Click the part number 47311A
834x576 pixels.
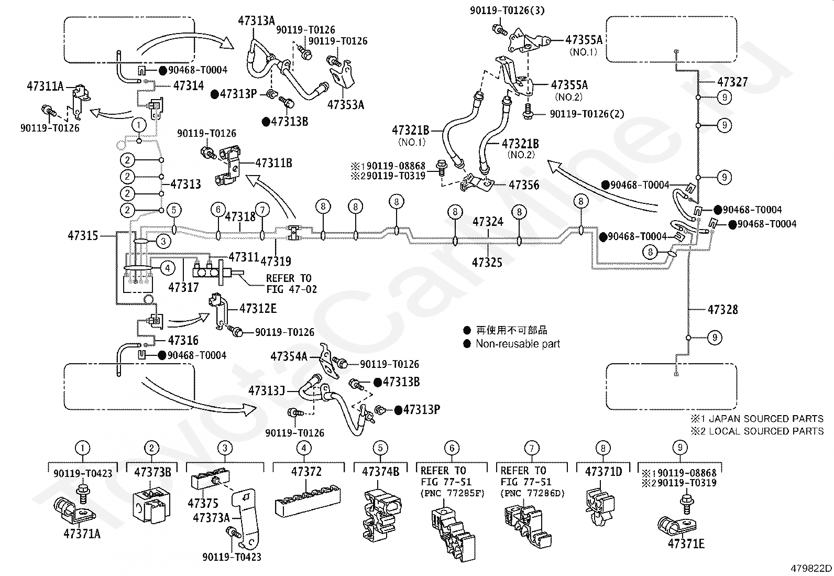pyautogui.click(x=45, y=86)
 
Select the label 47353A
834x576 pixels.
pyautogui.click(x=346, y=105)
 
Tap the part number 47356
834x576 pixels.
pyautogui.click(x=524, y=185)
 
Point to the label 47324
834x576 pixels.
pyautogui.click(x=488, y=222)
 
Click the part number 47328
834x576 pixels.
pyautogui.click(x=722, y=310)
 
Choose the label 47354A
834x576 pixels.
pyautogui.click(x=289, y=357)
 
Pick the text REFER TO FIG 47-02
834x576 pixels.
pyautogui.click(x=291, y=284)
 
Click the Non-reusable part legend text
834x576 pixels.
pyautogui.click(x=518, y=344)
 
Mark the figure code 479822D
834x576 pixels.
pyautogui.click(x=811, y=569)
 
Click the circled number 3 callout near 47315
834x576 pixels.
pyautogui.click(x=163, y=242)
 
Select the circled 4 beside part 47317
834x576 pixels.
pyautogui.click(x=168, y=268)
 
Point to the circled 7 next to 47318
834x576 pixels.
pyautogui.click(x=262, y=210)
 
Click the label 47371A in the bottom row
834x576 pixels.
pyautogui.click(x=82, y=534)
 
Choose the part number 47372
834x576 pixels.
pyautogui.click(x=306, y=472)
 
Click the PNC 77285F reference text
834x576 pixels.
pyautogui.click(x=453, y=494)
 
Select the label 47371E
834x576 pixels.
pyautogui.click(x=686, y=544)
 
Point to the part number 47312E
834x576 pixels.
pyautogui.click(x=258, y=309)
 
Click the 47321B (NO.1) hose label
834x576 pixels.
pyautogui.click(x=411, y=135)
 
